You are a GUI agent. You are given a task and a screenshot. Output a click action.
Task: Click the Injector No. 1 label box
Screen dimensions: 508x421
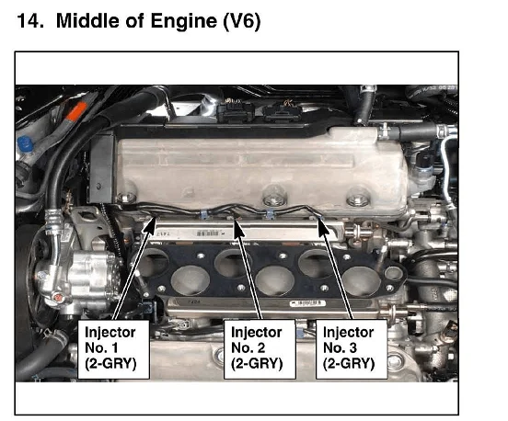113,349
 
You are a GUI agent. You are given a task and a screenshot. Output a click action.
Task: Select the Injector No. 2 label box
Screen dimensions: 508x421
260,349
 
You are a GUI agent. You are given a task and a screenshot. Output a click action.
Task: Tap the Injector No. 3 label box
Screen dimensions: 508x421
352,349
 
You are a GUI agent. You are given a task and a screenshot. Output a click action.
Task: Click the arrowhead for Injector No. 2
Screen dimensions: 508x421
238,229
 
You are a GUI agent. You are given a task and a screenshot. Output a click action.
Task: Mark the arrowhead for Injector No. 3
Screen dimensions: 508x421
323,227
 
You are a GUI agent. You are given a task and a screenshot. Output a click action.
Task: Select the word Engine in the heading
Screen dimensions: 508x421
184,21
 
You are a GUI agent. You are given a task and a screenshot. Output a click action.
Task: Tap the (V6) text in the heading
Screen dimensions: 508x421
242,21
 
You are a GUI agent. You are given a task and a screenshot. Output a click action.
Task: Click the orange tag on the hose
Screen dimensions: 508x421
76,111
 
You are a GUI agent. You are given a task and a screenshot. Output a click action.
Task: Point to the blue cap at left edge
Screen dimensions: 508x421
25,143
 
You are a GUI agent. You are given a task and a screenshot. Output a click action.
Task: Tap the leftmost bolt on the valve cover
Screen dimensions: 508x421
125,198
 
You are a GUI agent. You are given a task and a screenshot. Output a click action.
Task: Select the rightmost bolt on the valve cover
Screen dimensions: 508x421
358,198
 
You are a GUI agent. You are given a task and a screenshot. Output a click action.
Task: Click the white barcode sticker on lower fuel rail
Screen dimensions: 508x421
307,303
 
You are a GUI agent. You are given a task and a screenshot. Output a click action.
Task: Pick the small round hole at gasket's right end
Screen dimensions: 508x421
393,273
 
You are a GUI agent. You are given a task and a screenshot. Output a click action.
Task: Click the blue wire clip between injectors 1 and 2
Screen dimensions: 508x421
204,214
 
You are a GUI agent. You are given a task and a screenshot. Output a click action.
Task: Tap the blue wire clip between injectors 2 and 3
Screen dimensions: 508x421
269,213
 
